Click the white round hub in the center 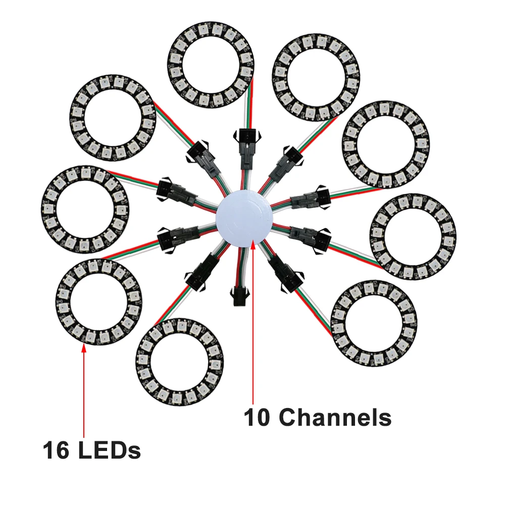(244, 218)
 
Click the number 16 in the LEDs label (56, 450)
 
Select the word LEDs (110, 450)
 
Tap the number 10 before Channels (257, 418)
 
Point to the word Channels (335, 417)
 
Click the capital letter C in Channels (288, 418)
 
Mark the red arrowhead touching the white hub (253, 244)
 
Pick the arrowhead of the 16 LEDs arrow (84, 347)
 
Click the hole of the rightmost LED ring (413, 236)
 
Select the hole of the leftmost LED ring (85, 209)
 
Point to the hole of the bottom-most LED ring (179, 361)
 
